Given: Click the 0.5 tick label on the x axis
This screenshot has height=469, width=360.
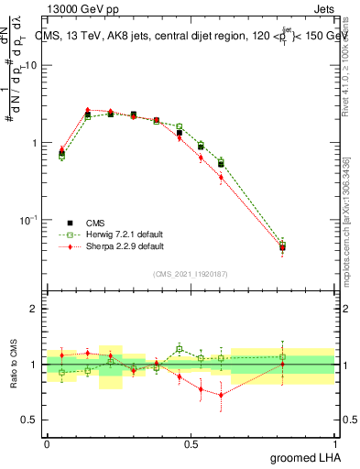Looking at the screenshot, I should click(191, 443).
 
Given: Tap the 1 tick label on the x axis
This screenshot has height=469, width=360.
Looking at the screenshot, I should click(334, 443).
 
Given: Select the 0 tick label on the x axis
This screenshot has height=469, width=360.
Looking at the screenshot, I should click(47, 443).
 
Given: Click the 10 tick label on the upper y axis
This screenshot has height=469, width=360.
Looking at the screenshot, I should click(31, 66).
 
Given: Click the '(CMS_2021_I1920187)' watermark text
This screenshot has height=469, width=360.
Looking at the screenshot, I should click(190, 275).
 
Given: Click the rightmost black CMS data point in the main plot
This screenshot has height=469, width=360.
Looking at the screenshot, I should click(282, 247).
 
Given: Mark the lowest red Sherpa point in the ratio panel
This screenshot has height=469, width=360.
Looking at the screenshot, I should click(221, 395).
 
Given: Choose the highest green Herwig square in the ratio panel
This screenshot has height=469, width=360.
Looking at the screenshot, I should click(180, 348).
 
